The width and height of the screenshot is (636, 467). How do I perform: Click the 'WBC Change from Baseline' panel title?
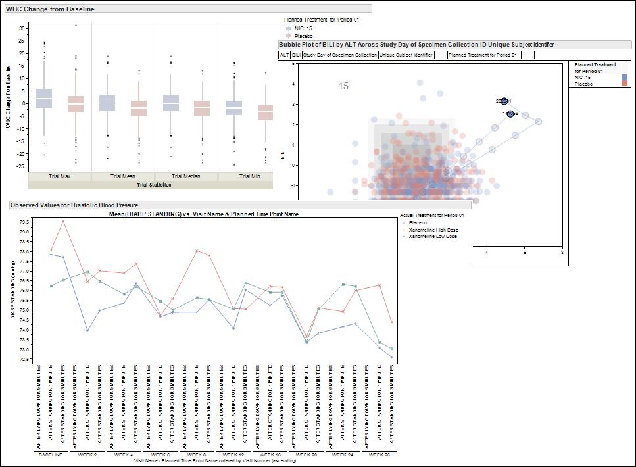tap(50, 9)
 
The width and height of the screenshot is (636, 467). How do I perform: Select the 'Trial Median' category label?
tap(186, 176)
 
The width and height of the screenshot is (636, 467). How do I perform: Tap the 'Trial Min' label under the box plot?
tap(249, 176)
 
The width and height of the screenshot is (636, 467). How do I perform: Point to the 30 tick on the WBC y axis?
tap(22, 28)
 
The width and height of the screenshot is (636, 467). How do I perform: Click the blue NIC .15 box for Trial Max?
tap(44, 98)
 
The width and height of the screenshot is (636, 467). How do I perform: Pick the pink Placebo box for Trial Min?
tap(265, 112)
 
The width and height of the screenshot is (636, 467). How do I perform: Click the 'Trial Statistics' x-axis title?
tap(154, 185)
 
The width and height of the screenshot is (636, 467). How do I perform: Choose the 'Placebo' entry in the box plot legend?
tap(303, 36)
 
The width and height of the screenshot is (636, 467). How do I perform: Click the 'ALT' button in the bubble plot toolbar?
tap(284, 55)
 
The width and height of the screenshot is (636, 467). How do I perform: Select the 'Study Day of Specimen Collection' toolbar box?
tap(341, 55)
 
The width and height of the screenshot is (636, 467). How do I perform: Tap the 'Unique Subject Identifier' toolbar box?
tap(406, 55)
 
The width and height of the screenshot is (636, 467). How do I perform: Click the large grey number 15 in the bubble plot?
tap(343, 86)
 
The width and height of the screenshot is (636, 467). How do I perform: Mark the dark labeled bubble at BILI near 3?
tap(504, 101)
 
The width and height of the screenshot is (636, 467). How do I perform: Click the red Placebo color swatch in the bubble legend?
tap(624, 84)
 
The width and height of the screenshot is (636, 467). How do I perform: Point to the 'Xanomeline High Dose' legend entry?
tap(433, 230)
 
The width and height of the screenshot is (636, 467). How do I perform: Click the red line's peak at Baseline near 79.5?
tap(63, 221)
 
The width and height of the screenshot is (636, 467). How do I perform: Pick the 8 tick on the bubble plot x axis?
tap(562, 252)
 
